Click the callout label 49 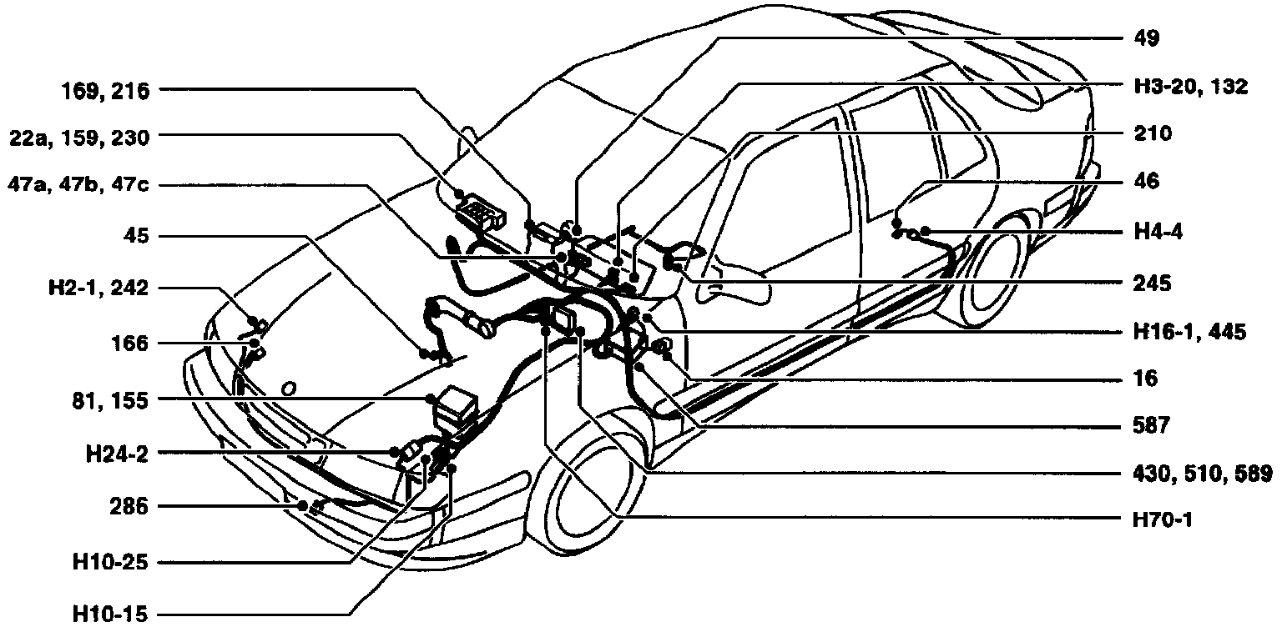[1148, 38]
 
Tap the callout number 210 [1153, 133]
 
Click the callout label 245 [1153, 283]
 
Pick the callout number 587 [1153, 426]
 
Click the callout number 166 [128, 343]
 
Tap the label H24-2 [117, 454]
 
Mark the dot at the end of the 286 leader [301, 505]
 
